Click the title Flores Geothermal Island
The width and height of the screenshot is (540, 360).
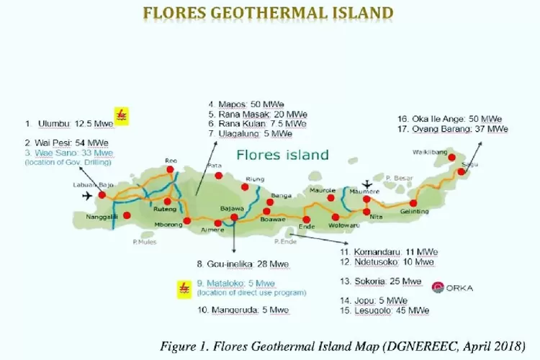pyautogui.click(x=269, y=13)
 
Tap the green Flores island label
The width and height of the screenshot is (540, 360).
pyautogui.click(x=283, y=155)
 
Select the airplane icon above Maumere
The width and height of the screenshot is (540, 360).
pyautogui.click(x=369, y=184)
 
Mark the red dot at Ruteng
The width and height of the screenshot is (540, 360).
pyautogui.click(x=167, y=202)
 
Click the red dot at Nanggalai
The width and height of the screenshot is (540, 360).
pyautogui.click(x=127, y=215)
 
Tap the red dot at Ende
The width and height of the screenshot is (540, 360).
pyautogui.click(x=306, y=220)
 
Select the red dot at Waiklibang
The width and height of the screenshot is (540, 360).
pyautogui.click(x=452, y=156)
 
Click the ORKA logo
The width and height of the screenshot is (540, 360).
pyautogui.click(x=452, y=287)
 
